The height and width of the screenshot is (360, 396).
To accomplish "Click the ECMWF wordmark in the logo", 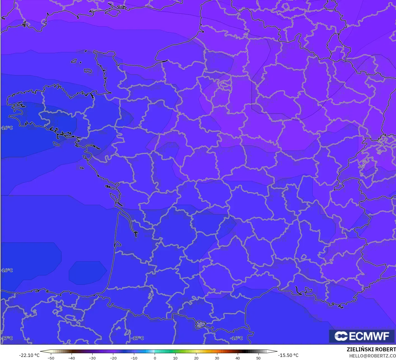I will [x=369, y=336].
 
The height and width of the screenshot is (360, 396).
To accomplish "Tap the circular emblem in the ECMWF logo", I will [x=341, y=336].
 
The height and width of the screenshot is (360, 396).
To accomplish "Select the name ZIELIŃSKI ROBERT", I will [x=371, y=349].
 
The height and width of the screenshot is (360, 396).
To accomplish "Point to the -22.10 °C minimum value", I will [x=29, y=355].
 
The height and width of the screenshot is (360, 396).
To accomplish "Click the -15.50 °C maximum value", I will [x=288, y=355].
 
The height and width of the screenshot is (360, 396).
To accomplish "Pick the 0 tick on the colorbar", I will [x=155, y=358].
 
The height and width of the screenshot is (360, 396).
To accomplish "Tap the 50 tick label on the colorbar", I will [x=258, y=358].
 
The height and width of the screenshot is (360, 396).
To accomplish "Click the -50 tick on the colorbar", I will [x=51, y=358].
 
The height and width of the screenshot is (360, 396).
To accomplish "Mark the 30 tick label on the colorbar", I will [x=217, y=358].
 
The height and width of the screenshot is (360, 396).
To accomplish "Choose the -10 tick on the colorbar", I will [x=134, y=358].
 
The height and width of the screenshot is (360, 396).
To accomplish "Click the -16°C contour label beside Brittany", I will [x=7, y=128].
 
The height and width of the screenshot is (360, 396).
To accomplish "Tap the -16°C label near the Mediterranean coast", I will [x=236, y=338].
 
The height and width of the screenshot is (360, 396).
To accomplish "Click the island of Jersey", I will [x=88, y=71].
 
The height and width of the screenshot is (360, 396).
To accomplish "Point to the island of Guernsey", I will [x=74, y=61].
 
